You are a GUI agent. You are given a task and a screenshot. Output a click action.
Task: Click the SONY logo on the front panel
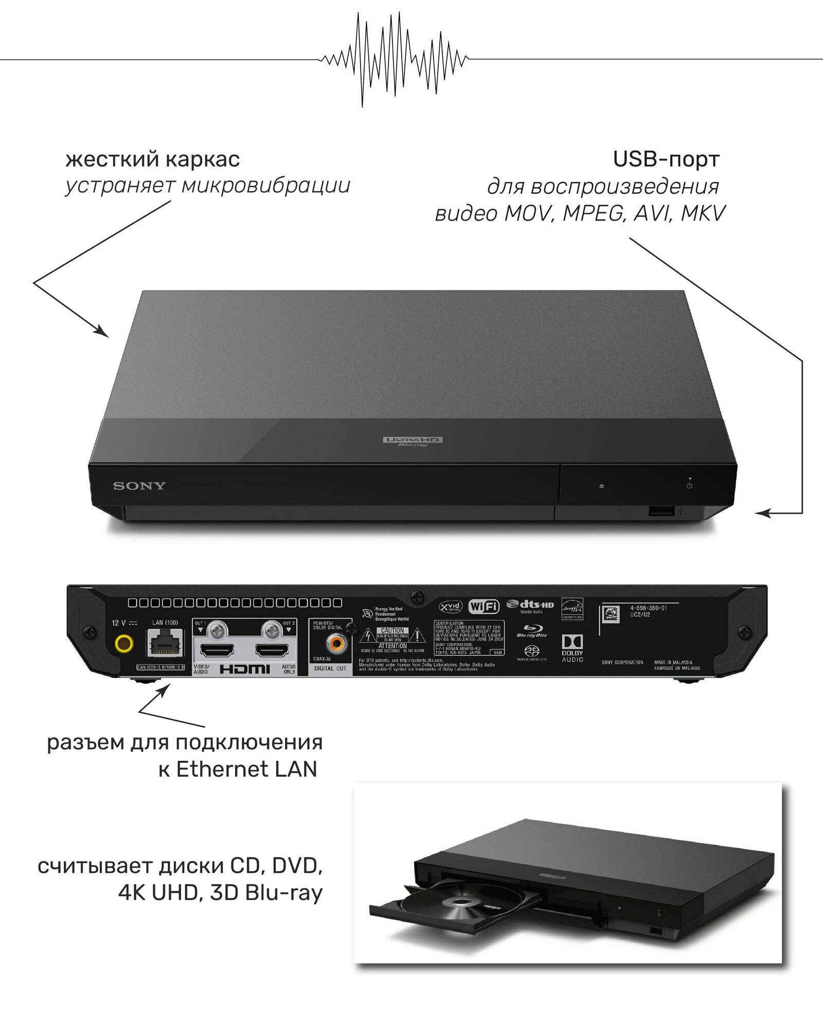pyautogui.click(x=139, y=486)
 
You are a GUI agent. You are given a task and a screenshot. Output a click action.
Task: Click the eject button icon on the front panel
pyautogui.click(x=601, y=486)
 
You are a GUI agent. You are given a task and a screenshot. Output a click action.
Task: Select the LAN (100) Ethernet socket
pyautogui.click(x=165, y=644)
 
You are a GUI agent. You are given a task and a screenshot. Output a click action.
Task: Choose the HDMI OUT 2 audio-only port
pyautogui.click(x=273, y=651)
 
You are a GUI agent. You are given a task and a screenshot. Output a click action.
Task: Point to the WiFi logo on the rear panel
pyautogui.click(x=484, y=607)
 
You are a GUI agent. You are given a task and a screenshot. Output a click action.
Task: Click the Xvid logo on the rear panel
pyautogui.click(x=451, y=607)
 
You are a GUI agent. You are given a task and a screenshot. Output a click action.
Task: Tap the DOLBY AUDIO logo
pyautogui.click(x=572, y=648)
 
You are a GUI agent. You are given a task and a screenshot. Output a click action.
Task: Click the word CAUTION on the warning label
pyautogui.click(x=392, y=630)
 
